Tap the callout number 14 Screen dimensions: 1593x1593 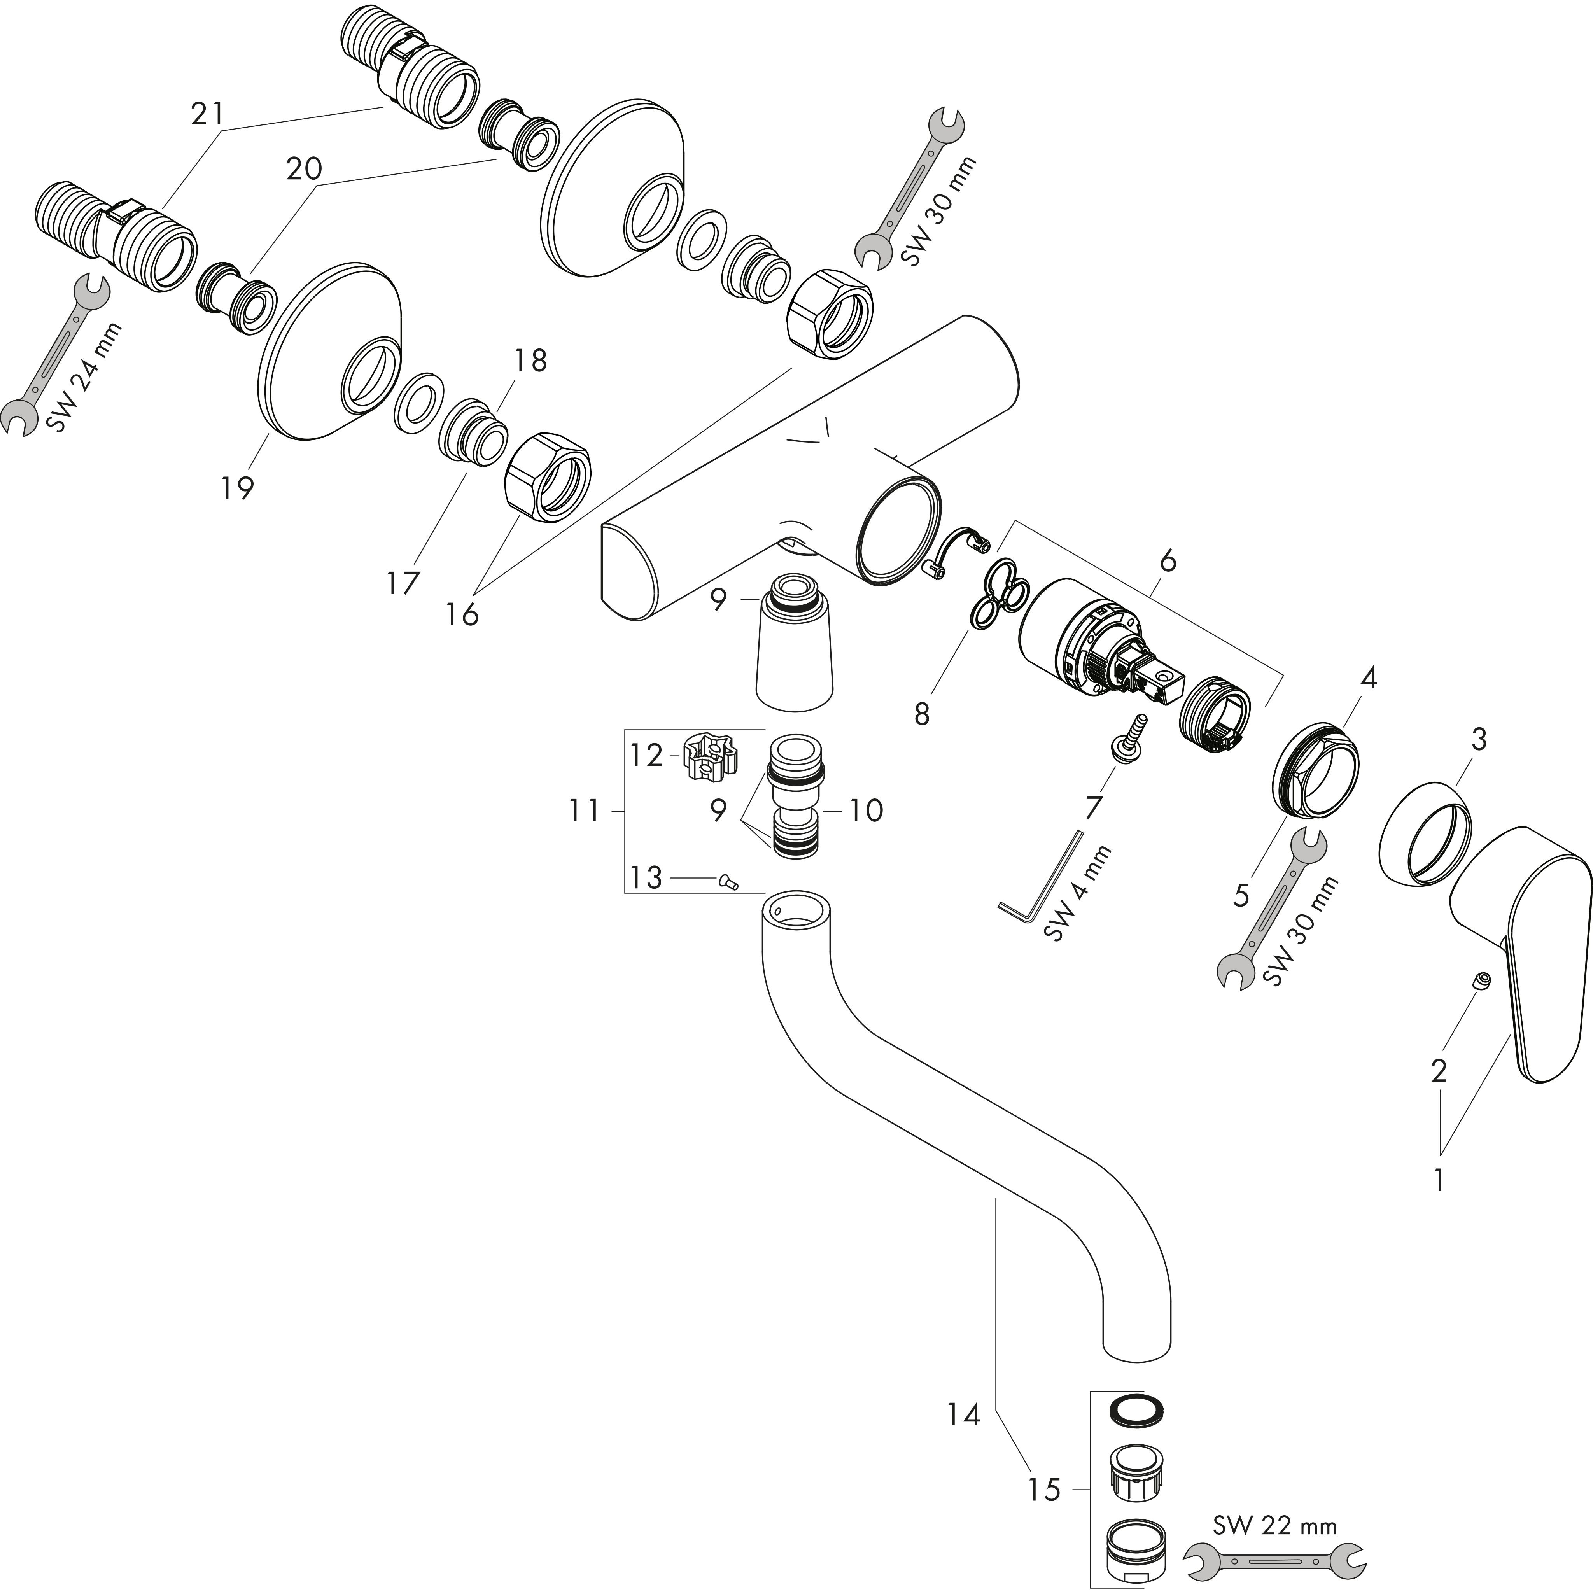[x=963, y=1416]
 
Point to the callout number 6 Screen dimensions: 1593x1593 [x=1168, y=562]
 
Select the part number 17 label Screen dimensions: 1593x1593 [x=403, y=584]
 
